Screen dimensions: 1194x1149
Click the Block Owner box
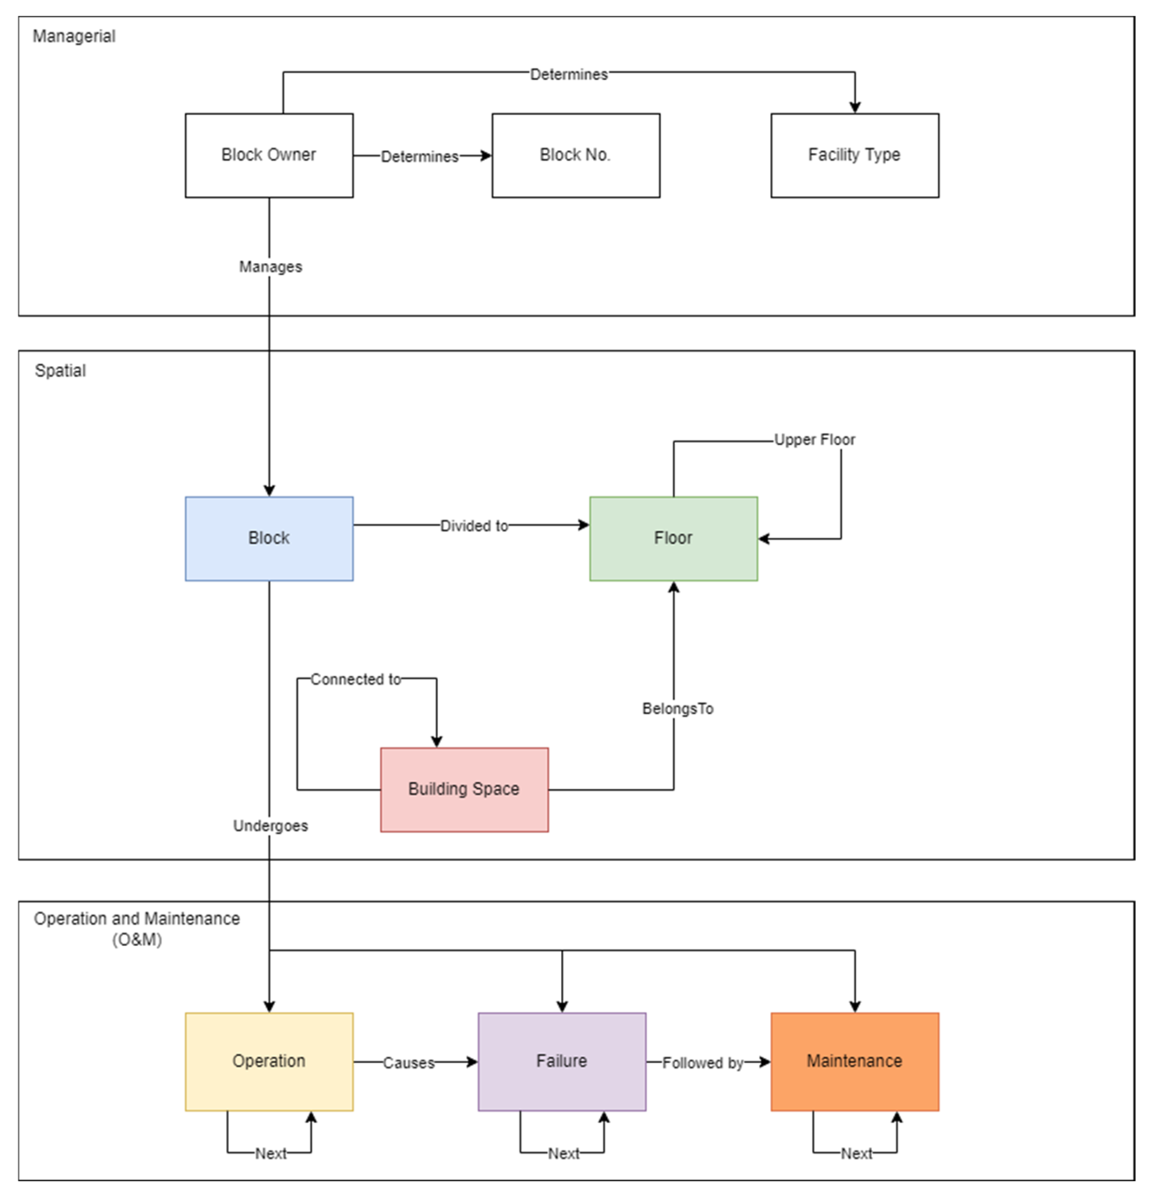point(269,155)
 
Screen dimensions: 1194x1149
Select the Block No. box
point(575,155)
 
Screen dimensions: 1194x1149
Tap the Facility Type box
point(854,155)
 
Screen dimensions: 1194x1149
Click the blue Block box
point(269,538)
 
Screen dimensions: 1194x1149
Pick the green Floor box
point(673,538)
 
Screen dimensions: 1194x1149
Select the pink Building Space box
point(464,790)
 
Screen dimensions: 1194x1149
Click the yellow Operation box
point(269,1062)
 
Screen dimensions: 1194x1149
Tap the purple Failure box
point(561,1062)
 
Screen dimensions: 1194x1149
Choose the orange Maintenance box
point(854,1062)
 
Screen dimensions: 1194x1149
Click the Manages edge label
point(270,267)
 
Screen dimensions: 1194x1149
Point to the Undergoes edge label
point(270,826)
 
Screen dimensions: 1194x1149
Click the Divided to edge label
point(474,526)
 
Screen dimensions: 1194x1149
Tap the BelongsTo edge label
point(677,709)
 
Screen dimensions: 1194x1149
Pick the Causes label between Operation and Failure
point(408,1063)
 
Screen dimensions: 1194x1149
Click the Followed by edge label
point(702,1063)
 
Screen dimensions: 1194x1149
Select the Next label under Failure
point(563,1154)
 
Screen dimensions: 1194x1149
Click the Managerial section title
point(74,36)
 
